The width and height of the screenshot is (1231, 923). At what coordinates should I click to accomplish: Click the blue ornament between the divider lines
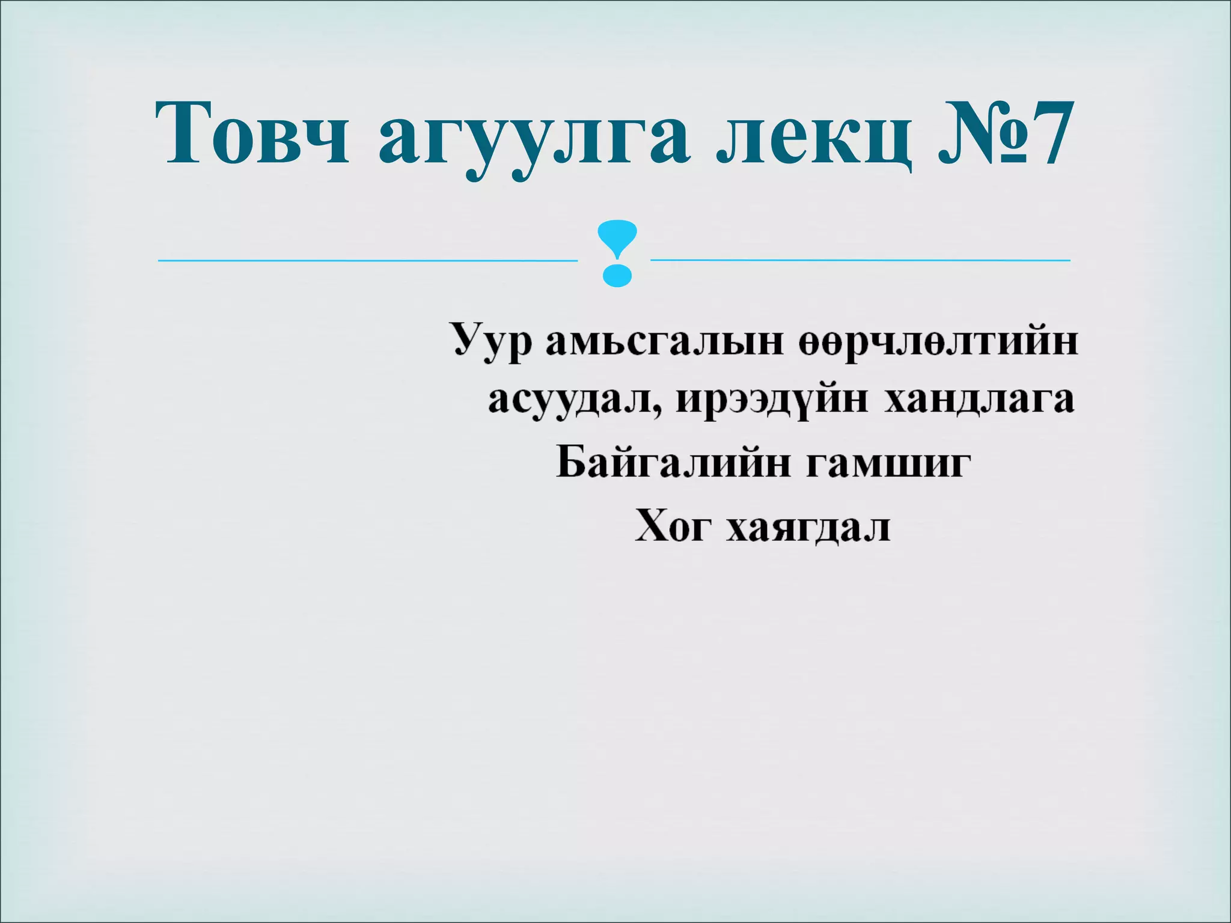[x=615, y=252]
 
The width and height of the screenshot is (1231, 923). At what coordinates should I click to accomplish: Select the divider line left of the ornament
[x=367, y=260]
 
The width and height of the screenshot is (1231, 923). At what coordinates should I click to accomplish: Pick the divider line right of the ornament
[x=860, y=260]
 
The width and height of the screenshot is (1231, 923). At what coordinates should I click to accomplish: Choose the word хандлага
[x=980, y=399]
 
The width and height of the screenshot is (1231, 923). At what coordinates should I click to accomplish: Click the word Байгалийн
[x=673, y=463]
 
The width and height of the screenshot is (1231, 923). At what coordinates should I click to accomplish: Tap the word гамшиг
[x=889, y=463]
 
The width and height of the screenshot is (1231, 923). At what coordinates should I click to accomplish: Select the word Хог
[x=674, y=526]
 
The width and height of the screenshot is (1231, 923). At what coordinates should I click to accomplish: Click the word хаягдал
[x=808, y=527]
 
